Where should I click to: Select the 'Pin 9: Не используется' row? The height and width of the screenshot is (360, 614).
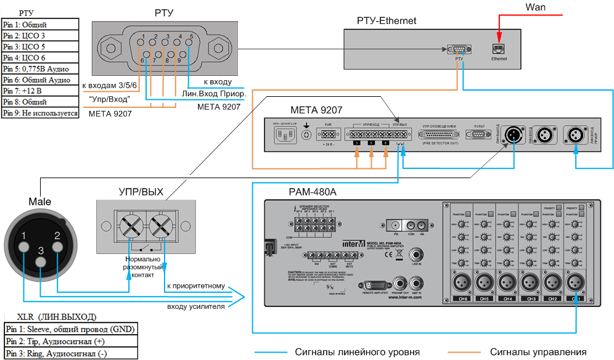point(40,113)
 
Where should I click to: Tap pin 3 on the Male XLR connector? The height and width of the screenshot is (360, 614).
point(41,261)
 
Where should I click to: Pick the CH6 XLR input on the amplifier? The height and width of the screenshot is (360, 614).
point(463,283)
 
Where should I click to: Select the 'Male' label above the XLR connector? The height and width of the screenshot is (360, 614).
point(40,202)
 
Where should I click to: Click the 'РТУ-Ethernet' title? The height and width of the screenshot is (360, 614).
point(387,21)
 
